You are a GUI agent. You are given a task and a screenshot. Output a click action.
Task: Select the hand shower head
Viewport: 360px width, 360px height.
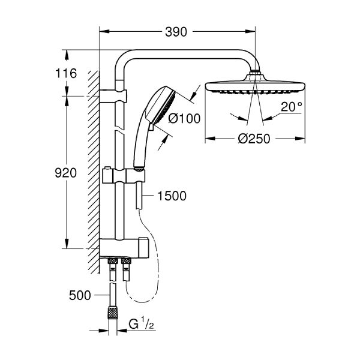click(x=162, y=103)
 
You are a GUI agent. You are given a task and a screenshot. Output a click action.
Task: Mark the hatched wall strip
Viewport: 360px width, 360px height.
click(x=92, y=168)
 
